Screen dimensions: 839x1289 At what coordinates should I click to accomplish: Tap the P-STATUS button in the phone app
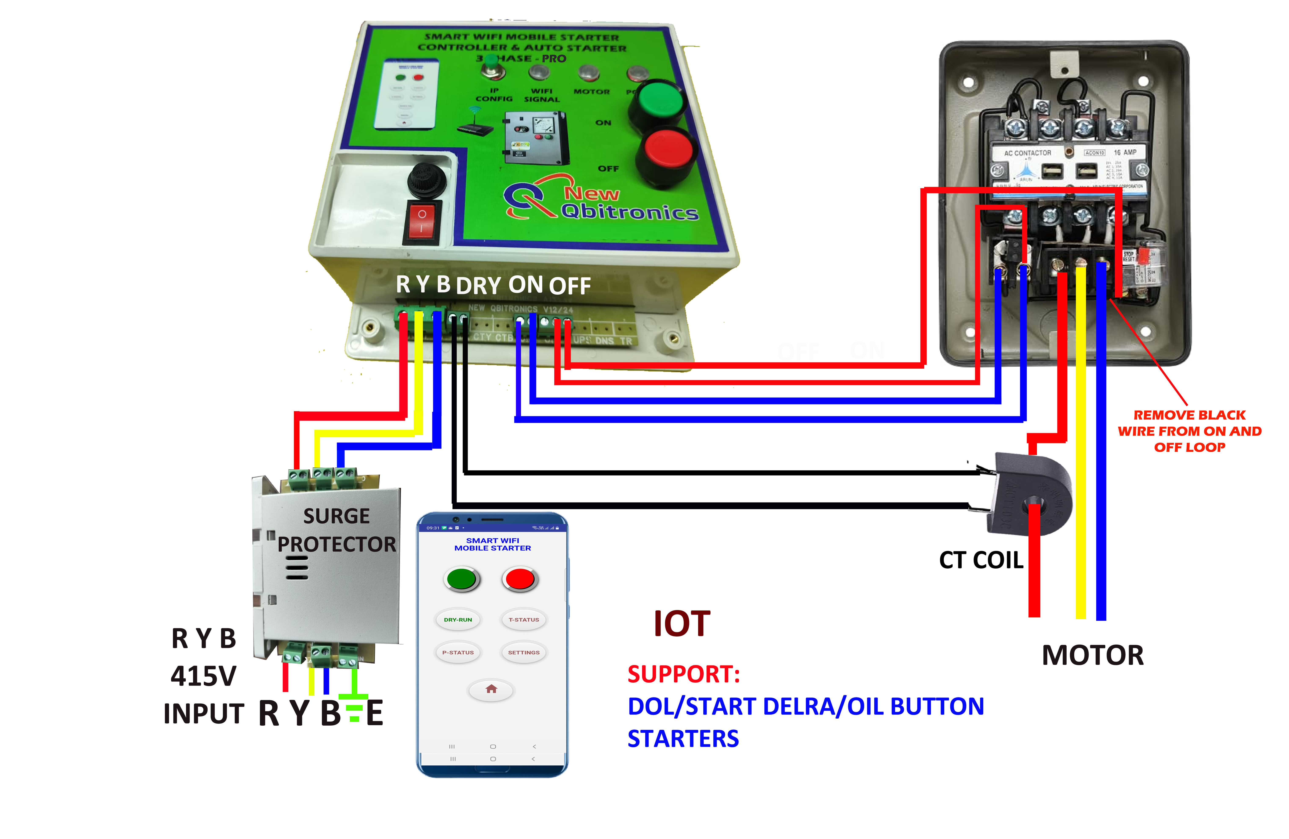point(458,653)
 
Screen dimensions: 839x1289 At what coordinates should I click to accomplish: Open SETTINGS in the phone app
point(524,653)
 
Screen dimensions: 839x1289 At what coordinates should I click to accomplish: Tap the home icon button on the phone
point(491,690)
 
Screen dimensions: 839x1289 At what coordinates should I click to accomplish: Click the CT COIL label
point(981,560)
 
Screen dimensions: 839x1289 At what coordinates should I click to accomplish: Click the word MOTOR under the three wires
point(1092,655)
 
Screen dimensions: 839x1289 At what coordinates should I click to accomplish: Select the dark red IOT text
point(681,624)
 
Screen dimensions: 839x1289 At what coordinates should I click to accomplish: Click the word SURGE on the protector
point(336,516)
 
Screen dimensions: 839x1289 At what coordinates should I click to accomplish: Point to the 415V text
point(204,676)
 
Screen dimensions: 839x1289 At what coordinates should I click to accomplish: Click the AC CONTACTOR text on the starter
point(1027,153)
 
